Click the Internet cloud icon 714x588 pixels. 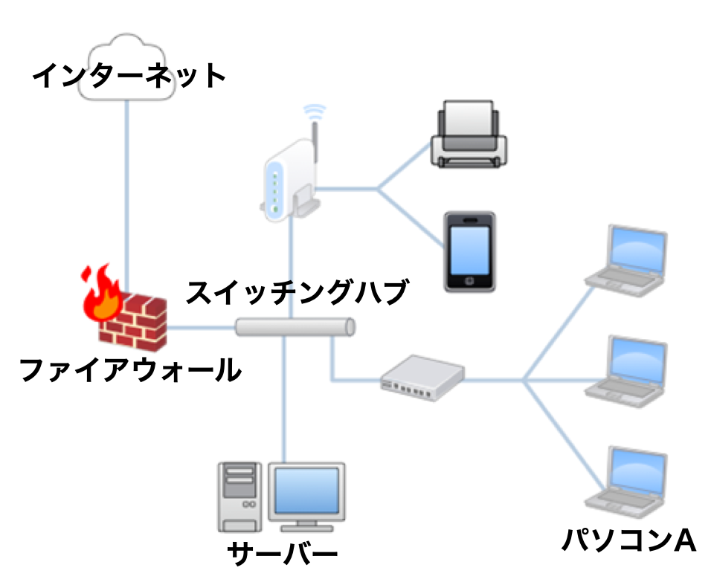click(128, 52)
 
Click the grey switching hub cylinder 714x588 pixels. click(295, 327)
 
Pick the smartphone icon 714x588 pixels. click(469, 251)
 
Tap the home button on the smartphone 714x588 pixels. click(469, 282)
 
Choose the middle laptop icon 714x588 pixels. click(629, 369)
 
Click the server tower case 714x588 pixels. click(240, 497)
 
